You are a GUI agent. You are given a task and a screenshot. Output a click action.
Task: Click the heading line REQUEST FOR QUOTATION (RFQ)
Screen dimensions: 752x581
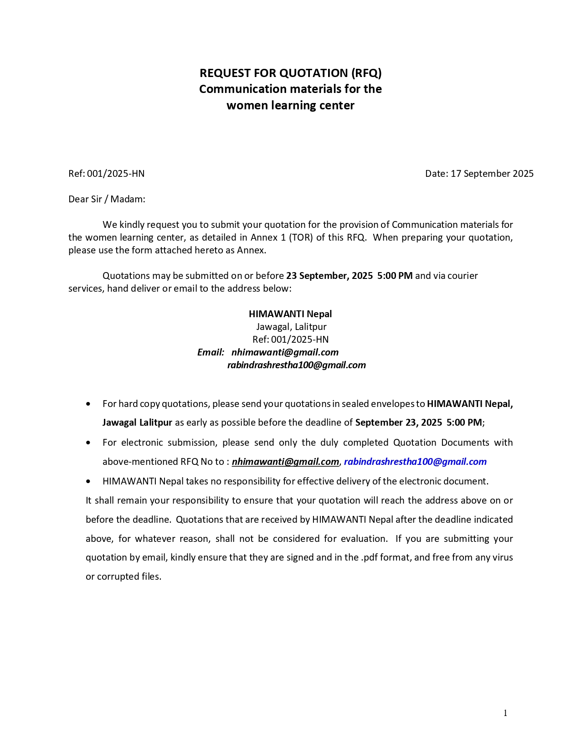pyautogui.click(x=290, y=73)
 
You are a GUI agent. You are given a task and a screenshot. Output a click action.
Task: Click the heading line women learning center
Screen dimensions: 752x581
pyautogui.click(x=290, y=105)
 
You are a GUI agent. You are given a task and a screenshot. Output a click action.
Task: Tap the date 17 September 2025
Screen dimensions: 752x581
pyautogui.click(x=492, y=174)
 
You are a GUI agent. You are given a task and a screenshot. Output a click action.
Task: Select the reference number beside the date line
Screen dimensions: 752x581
pyautogui.click(x=116, y=174)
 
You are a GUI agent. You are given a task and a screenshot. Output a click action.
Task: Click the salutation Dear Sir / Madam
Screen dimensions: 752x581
pyautogui.click(x=107, y=199)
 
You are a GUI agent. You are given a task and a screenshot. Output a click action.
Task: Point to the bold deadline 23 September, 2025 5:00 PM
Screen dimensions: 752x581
pyautogui.click(x=349, y=276)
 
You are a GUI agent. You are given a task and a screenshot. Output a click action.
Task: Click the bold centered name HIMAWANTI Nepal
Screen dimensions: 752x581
pyautogui.click(x=290, y=314)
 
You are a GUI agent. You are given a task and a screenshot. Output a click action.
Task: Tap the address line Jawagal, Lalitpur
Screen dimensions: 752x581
pyautogui.click(x=291, y=327)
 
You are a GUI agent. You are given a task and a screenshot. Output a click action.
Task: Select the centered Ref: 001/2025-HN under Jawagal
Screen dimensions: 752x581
pyautogui.click(x=290, y=340)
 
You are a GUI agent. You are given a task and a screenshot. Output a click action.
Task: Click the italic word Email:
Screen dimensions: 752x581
pyautogui.click(x=211, y=352)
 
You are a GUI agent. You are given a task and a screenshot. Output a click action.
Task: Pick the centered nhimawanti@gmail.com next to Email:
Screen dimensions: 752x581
pyautogui.click(x=285, y=352)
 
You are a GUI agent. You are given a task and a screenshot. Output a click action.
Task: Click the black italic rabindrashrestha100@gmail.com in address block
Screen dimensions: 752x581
pyautogui.click(x=296, y=365)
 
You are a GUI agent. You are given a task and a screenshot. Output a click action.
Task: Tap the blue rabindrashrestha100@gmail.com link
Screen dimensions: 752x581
pyautogui.click(x=415, y=462)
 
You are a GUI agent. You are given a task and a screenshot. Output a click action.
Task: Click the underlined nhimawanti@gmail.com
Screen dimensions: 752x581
pyautogui.click(x=285, y=462)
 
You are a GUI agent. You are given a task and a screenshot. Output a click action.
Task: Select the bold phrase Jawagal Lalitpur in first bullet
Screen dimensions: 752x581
pyautogui.click(x=137, y=422)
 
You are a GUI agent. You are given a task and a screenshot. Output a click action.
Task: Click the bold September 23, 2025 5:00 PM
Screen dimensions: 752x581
pyautogui.click(x=418, y=422)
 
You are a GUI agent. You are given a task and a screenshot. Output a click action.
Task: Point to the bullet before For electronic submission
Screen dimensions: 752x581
pyautogui.click(x=88, y=443)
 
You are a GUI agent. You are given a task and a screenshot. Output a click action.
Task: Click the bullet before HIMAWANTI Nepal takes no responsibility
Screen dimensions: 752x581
pyautogui.click(x=88, y=481)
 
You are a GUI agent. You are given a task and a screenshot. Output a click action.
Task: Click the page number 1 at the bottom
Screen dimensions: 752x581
pyautogui.click(x=505, y=713)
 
